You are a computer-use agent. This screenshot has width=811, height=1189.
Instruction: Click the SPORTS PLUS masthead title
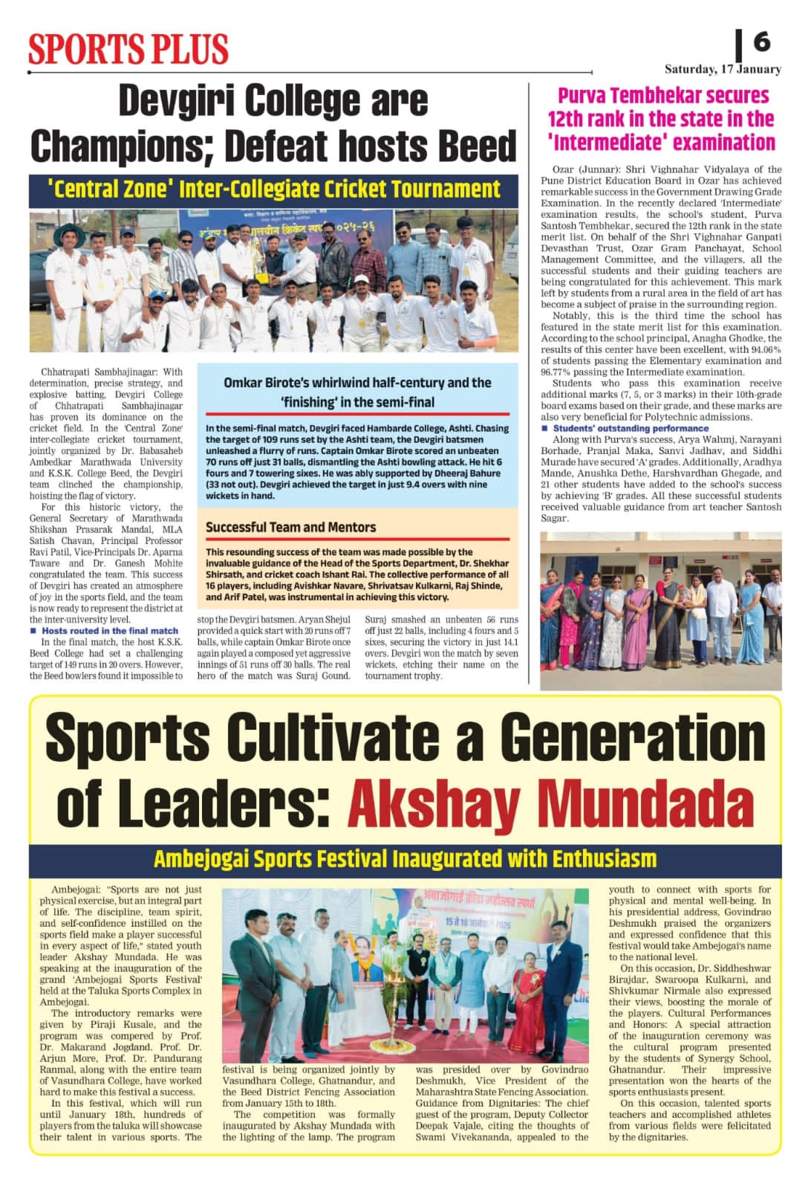coord(128,48)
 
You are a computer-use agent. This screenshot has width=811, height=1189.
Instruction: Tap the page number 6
coord(761,42)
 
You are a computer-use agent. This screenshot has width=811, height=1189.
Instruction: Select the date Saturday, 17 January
coord(722,69)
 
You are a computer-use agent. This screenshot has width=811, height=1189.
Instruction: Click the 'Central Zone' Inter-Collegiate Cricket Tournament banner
coord(273,189)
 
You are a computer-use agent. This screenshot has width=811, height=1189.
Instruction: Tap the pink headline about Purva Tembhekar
coord(661,119)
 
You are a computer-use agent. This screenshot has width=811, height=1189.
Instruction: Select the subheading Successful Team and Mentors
coord(290,527)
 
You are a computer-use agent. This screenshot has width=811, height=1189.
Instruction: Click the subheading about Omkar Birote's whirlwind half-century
coord(357,392)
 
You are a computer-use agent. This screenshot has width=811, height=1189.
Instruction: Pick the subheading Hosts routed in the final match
coord(110,630)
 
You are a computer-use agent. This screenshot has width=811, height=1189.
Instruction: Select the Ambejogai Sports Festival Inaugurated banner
coord(405,859)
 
